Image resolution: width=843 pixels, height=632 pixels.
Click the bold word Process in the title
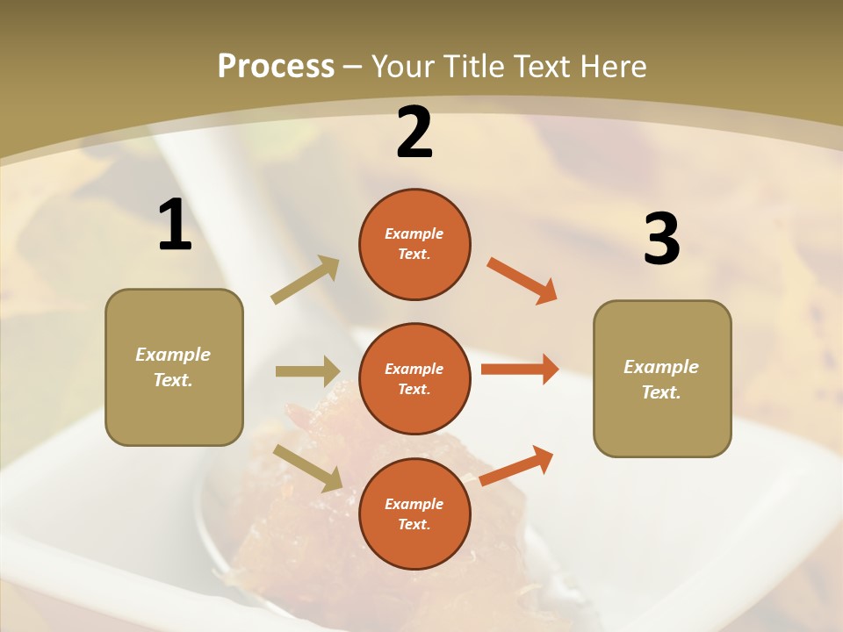276,66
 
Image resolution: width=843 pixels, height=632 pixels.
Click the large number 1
175,226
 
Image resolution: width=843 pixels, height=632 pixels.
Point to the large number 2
414,133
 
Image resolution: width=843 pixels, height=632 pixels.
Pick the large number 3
661,239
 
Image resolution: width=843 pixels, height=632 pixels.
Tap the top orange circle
414,244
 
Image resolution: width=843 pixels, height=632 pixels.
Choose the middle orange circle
414,378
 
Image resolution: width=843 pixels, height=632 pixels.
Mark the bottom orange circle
414,513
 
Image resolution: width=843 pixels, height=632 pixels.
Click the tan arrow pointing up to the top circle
305,280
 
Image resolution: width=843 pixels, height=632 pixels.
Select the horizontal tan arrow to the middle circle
307,371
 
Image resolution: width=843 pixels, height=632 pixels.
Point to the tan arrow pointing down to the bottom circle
308,467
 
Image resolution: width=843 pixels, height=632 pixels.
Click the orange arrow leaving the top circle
522,281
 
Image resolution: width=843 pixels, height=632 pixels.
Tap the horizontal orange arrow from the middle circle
520,370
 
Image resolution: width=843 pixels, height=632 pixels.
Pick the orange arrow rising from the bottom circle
517,465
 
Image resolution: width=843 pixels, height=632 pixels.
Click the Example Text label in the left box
174,367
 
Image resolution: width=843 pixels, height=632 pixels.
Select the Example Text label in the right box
661,379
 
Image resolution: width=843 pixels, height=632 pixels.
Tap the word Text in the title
544,66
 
